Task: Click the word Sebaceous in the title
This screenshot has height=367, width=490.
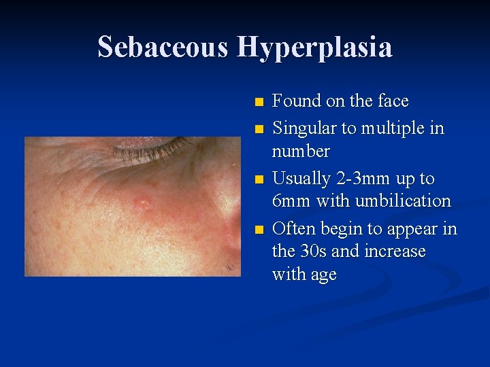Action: pos(163,48)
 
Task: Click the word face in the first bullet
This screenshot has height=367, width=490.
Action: pos(391,101)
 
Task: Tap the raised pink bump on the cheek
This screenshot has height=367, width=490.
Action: pos(144,202)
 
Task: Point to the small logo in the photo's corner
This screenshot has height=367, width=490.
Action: pos(230,268)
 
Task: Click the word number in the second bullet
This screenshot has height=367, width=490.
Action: pos(301,151)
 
